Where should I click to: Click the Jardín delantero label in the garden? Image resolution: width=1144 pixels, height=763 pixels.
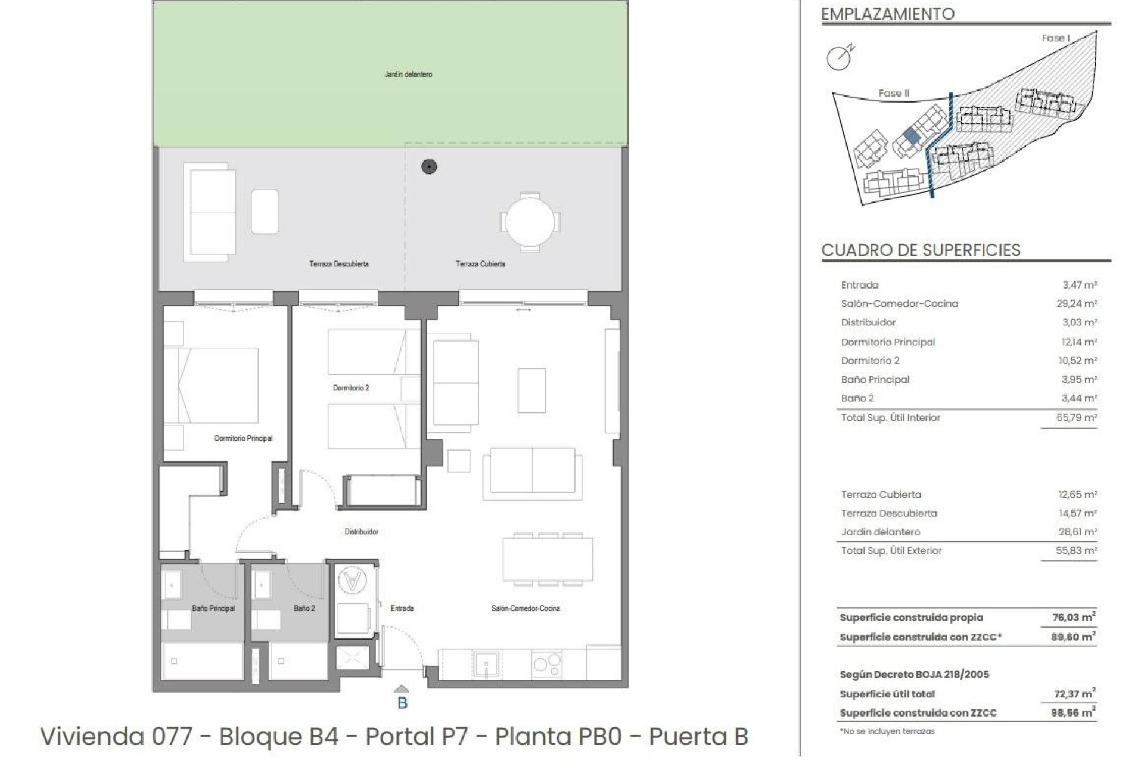point(408,75)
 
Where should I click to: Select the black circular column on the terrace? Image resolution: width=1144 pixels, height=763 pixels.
point(429,167)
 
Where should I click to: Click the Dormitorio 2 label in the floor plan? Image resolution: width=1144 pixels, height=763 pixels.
point(351,388)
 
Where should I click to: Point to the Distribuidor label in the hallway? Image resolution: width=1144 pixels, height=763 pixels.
point(361,532)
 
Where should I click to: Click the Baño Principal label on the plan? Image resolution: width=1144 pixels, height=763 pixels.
point(213,609)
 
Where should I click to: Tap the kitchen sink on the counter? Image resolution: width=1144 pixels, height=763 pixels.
point(487,663)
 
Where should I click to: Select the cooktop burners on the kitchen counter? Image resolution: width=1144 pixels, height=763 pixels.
point(546,664)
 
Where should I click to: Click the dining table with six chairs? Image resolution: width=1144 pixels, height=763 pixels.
point(548,559)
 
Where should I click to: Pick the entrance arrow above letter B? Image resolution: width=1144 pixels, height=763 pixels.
point(402,689)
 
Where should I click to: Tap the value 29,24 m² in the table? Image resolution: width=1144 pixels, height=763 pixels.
point(1076,304)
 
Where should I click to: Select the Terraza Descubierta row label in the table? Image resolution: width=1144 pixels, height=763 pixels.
point(889,513)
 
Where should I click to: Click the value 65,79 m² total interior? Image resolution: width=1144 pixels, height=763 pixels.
point(1076,418)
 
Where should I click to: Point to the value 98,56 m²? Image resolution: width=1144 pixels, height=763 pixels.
point(1072,712)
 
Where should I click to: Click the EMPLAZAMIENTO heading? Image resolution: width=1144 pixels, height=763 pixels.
point(888,14)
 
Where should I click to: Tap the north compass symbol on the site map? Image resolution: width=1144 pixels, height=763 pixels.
point(840,57)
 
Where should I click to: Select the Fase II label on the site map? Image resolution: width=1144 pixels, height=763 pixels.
point(894,93)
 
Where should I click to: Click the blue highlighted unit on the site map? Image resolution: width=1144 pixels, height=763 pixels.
point(910,136)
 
